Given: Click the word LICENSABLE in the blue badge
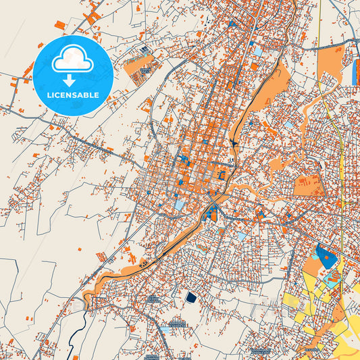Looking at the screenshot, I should point(72,95).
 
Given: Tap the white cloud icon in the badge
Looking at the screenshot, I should point(72,60).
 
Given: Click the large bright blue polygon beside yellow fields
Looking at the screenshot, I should point(328,257).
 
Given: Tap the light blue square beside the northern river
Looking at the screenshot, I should point(258,51).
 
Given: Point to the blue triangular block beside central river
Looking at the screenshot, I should point(212,215).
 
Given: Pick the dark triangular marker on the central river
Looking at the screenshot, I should point(233,143).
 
